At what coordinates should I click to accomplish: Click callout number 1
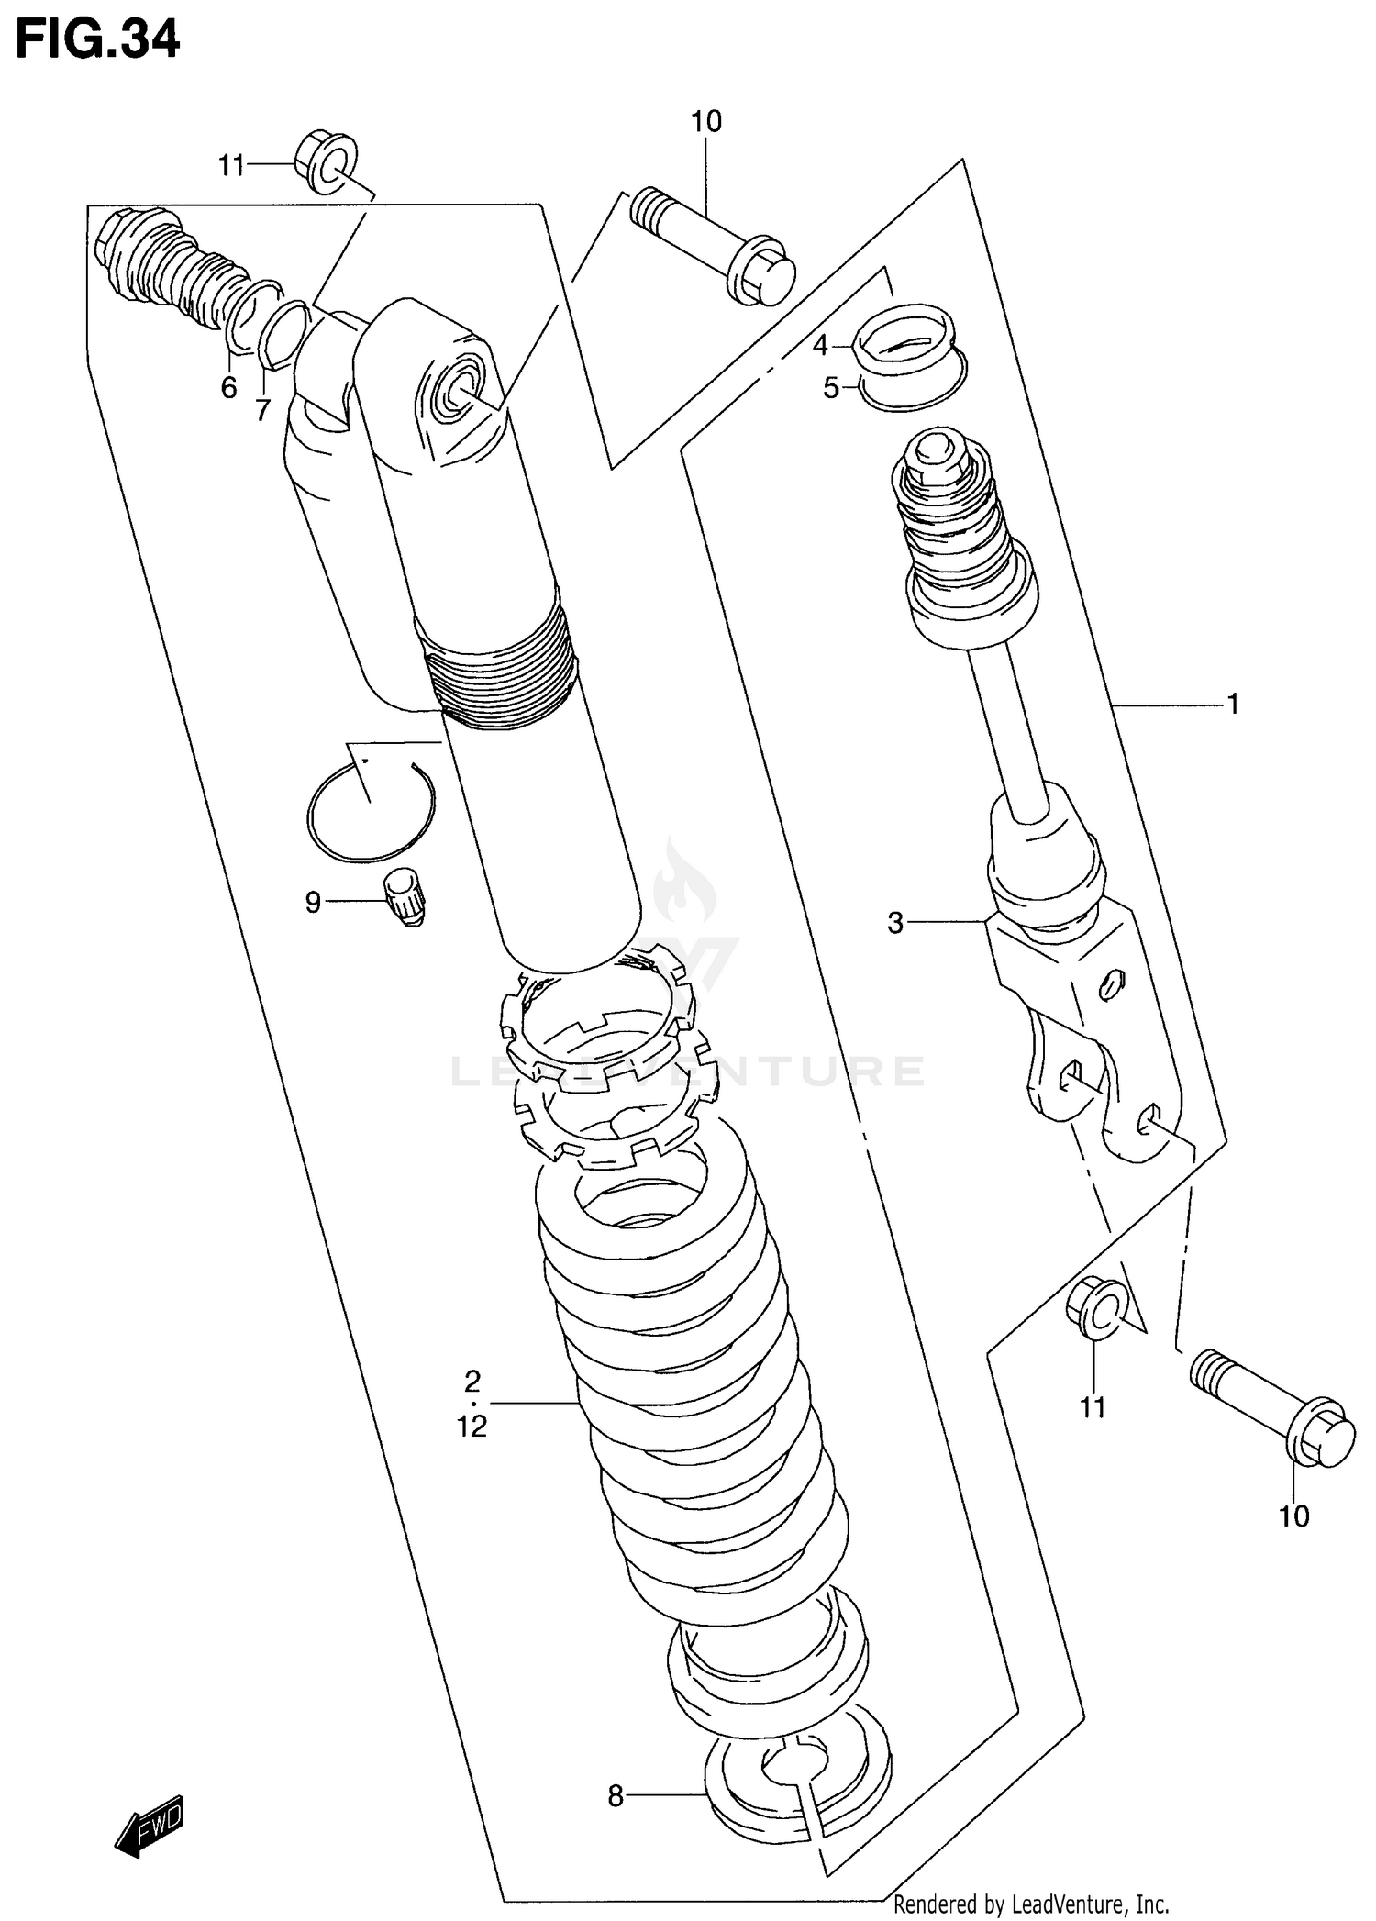point(1233,704)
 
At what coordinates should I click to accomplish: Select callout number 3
point(895,923)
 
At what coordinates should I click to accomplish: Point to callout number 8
point(615,1795)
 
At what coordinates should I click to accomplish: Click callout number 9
point(313,903)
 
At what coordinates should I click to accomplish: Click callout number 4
point(820,346)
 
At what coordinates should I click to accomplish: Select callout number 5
point(830,388)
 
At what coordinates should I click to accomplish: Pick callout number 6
point(229,387)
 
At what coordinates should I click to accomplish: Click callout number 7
point(263,409)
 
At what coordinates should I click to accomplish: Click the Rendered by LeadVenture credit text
point(1030,1904)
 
